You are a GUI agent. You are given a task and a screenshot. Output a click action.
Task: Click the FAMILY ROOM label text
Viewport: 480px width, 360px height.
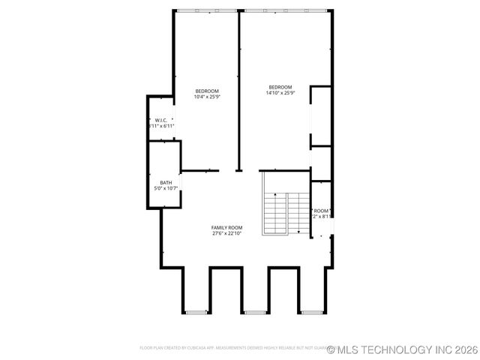click(x=226, y=227)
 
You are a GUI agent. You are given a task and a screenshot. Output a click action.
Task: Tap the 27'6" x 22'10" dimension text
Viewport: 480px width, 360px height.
click(x=226, y=233)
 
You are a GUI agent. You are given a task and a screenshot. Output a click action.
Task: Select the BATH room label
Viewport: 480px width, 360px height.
click(x=166, y=182)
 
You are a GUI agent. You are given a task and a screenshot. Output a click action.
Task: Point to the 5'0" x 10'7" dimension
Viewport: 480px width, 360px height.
click(x=166, y=188)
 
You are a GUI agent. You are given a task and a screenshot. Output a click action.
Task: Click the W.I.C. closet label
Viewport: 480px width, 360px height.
click(x=161, y=120)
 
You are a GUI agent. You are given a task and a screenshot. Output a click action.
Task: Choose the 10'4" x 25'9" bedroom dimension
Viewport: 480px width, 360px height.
click(x=207, y=97)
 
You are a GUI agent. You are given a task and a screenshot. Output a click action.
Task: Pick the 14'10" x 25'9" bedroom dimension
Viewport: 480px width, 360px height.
click(x=280, y=93)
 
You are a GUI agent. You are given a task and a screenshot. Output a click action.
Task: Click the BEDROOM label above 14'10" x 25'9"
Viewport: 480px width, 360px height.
click(x=280, y=87)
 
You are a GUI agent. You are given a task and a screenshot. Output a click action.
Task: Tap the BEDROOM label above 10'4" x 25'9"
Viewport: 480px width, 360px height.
click(x=207, y=91)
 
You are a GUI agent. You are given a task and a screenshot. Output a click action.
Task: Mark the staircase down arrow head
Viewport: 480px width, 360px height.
click(x=298, y=232)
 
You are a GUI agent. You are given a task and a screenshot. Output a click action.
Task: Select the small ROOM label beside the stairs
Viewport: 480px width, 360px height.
click(x=322, y=211)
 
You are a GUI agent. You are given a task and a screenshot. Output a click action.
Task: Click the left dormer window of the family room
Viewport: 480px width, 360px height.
click(x=196, y=311)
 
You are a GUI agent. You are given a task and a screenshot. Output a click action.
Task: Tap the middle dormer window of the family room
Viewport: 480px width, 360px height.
click(x=255, y=311)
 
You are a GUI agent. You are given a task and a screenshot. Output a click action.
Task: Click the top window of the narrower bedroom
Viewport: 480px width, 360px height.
click(x=206, y=10)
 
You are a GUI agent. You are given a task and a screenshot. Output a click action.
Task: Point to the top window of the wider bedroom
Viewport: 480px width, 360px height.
click(x=285, y=10)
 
